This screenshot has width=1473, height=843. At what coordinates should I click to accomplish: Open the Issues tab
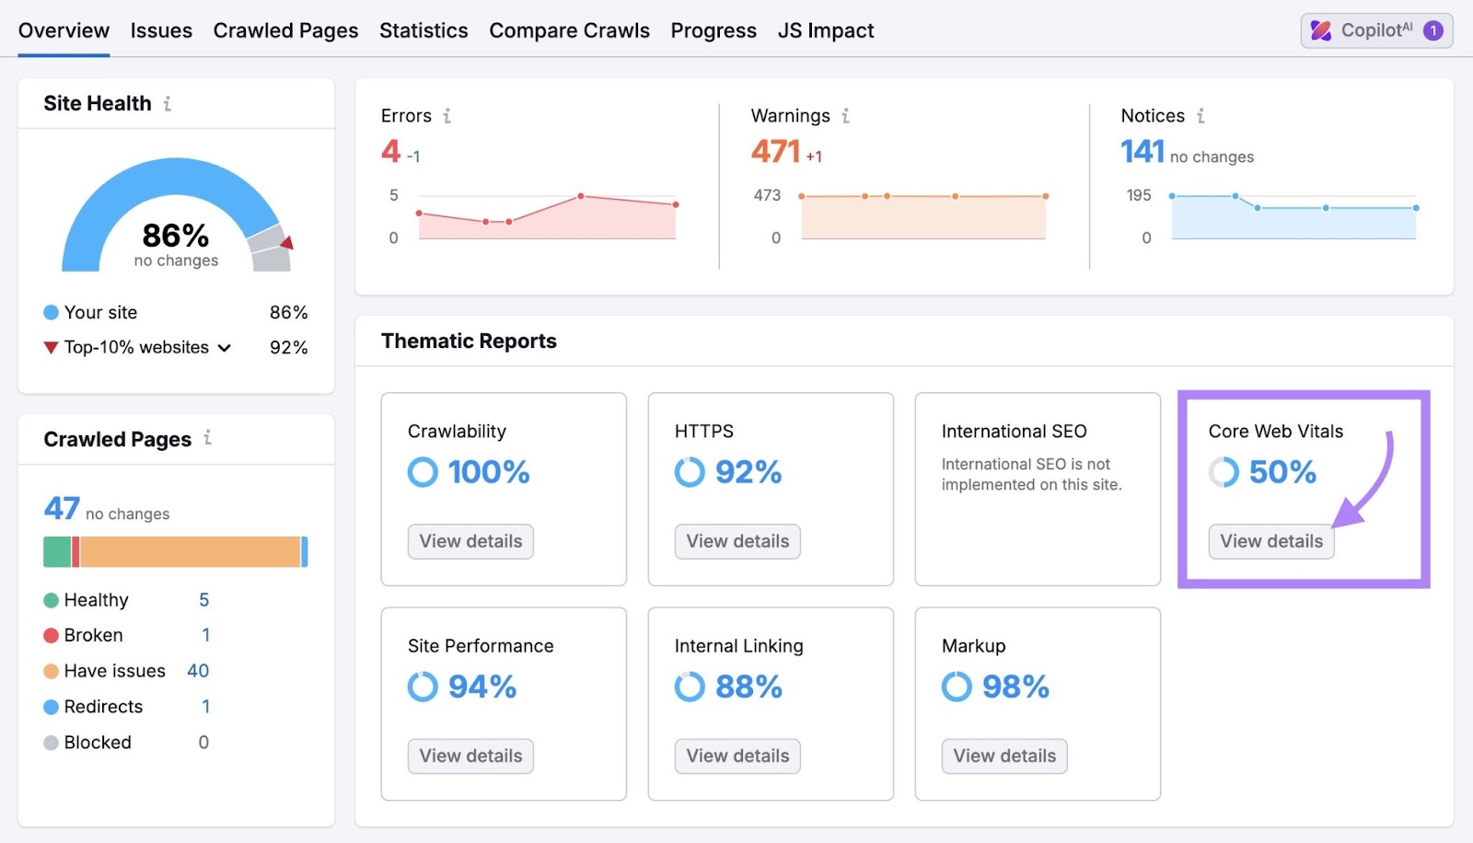coord(161,30)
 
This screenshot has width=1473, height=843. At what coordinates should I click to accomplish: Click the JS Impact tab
coord(825,30)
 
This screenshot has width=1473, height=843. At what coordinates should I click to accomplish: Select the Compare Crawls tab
coord(569,30)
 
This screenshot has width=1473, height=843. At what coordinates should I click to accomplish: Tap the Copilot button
coord(1375,30)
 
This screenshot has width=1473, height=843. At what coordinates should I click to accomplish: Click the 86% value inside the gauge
coord(175,236)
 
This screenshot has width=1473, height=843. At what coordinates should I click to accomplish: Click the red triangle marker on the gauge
coord(287,243)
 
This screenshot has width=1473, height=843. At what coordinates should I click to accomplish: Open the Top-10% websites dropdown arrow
coord(225,348)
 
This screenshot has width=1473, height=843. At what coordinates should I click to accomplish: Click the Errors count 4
coord(390,151)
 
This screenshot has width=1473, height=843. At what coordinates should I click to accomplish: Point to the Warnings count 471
coord(775,151)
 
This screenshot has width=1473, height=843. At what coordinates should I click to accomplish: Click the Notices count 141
coord(1142,151)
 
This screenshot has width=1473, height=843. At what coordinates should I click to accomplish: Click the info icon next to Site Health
coord(167,104)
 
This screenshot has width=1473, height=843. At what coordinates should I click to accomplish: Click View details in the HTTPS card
coord(737,541)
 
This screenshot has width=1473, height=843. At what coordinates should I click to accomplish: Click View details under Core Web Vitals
coord(1270,541)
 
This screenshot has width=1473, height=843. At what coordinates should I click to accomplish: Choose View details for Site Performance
coord(470,756)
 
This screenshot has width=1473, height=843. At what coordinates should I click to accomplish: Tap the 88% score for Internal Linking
coord(748,687)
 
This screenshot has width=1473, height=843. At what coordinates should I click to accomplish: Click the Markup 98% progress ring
coord(957,687)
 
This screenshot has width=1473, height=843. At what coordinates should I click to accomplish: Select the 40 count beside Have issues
coord(198,671)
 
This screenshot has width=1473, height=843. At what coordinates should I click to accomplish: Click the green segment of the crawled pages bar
coord(57,551)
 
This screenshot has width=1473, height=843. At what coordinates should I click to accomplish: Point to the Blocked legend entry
coord(97,743)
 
